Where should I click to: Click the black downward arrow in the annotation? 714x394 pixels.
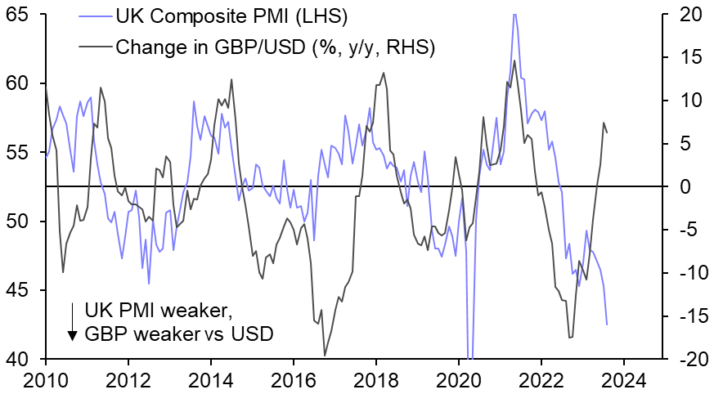click(x=73, y=322)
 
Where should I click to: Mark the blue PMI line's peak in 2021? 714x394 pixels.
click(x=514, y=14)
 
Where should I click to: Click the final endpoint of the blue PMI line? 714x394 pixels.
click(x=607, y=325)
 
